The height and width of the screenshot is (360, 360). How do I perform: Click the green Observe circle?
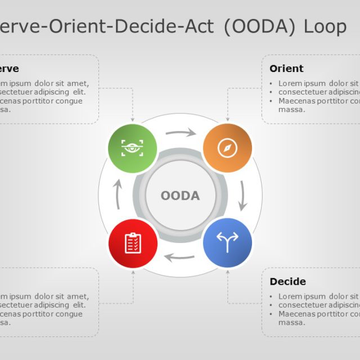point(133,148)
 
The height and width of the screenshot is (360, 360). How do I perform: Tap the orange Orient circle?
point(227,148)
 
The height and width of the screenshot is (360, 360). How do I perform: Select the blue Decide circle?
point(227,242)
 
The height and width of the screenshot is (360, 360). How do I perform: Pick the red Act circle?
point(133,242)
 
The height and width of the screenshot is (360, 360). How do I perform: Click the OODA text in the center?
point(180,196)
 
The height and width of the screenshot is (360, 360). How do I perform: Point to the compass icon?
point(227,148)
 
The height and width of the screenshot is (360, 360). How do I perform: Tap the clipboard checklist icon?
point(133,242)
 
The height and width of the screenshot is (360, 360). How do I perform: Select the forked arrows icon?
point(227,242)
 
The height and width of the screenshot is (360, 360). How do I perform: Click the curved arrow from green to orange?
point(181,133)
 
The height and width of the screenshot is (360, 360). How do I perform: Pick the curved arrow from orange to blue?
point(242,196)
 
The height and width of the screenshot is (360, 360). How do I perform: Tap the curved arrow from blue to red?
point(179,258)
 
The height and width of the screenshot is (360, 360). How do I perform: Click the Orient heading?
point(286,69)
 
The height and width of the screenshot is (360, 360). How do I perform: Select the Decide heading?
point(287,281)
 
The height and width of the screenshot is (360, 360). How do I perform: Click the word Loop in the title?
point(325,26)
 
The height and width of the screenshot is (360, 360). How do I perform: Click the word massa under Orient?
point(291,110)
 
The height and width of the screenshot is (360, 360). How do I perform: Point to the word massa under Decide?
point(291,322)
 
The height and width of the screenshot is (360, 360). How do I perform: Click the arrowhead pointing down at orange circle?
point(227,119)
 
